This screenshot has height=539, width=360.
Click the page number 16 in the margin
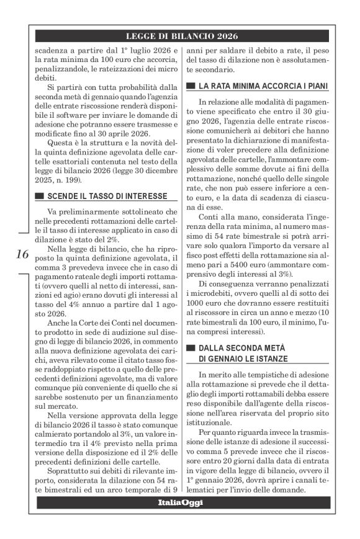click(x=22, y=254)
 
